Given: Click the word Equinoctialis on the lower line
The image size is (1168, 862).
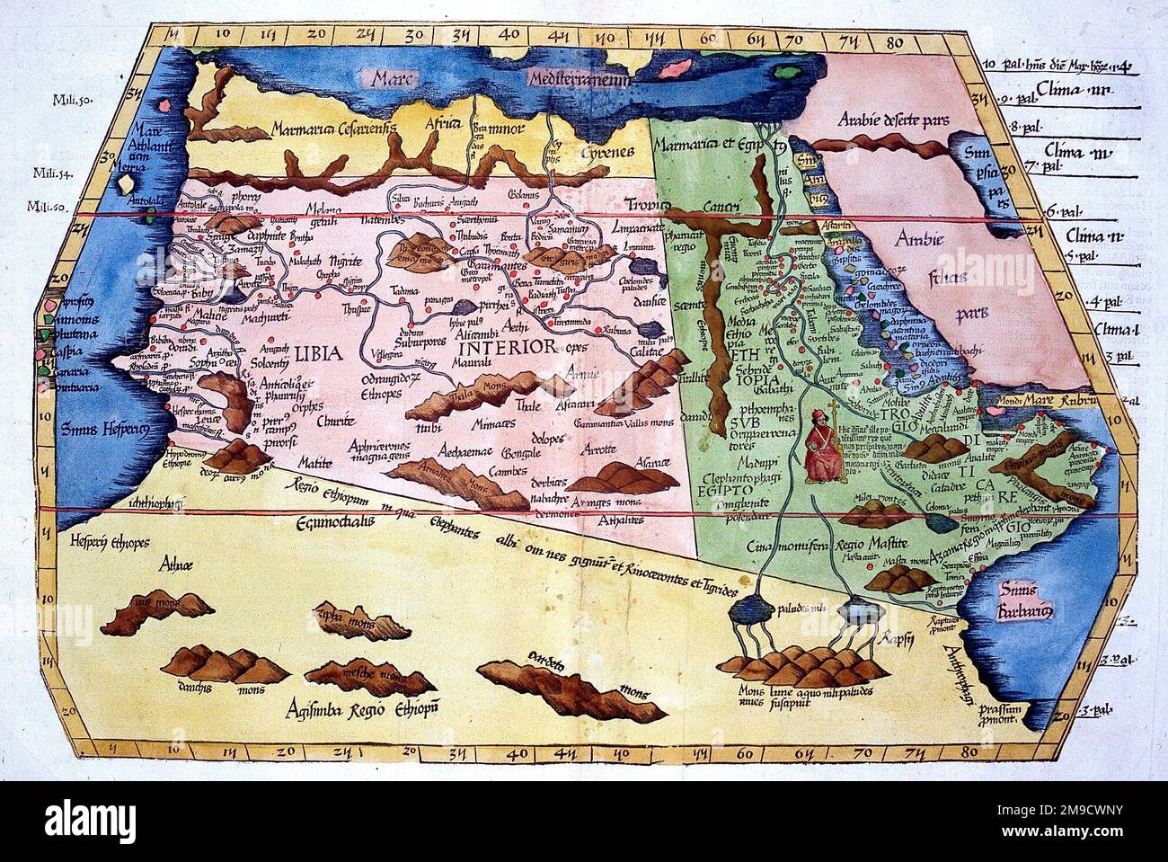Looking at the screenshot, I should (x=341, y=519).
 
